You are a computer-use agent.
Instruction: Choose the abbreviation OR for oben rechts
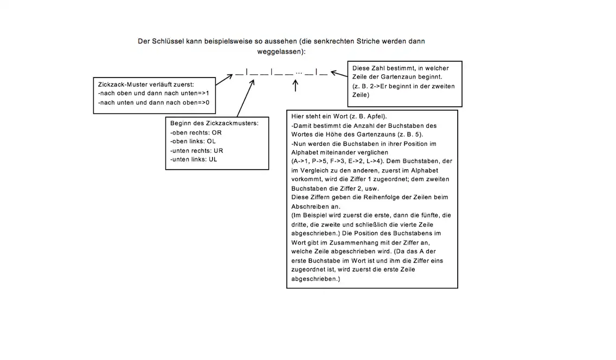[216, 132]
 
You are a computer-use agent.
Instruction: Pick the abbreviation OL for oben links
[211, 141]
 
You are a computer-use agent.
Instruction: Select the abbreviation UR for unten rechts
[217, 150]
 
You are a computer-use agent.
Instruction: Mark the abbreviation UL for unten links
[213, 159]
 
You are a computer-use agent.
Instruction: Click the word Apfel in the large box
[377, 117]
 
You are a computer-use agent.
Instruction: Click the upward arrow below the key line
[296, 86]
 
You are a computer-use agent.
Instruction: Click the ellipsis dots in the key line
[299, 73]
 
